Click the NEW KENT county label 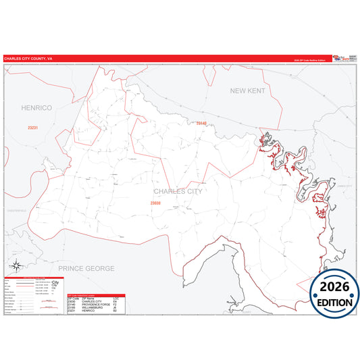[x=248, y=90]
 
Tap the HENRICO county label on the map [x=36, y=107]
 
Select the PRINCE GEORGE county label [x=86, y=268]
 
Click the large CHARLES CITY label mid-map [x=178, y=191]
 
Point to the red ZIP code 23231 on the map [x=33, y=127]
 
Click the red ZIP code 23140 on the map [x=201, y=123]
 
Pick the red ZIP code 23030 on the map [x=155, y=203]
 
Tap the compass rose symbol [x=16, y=266]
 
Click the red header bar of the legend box [x=34, y=278]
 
